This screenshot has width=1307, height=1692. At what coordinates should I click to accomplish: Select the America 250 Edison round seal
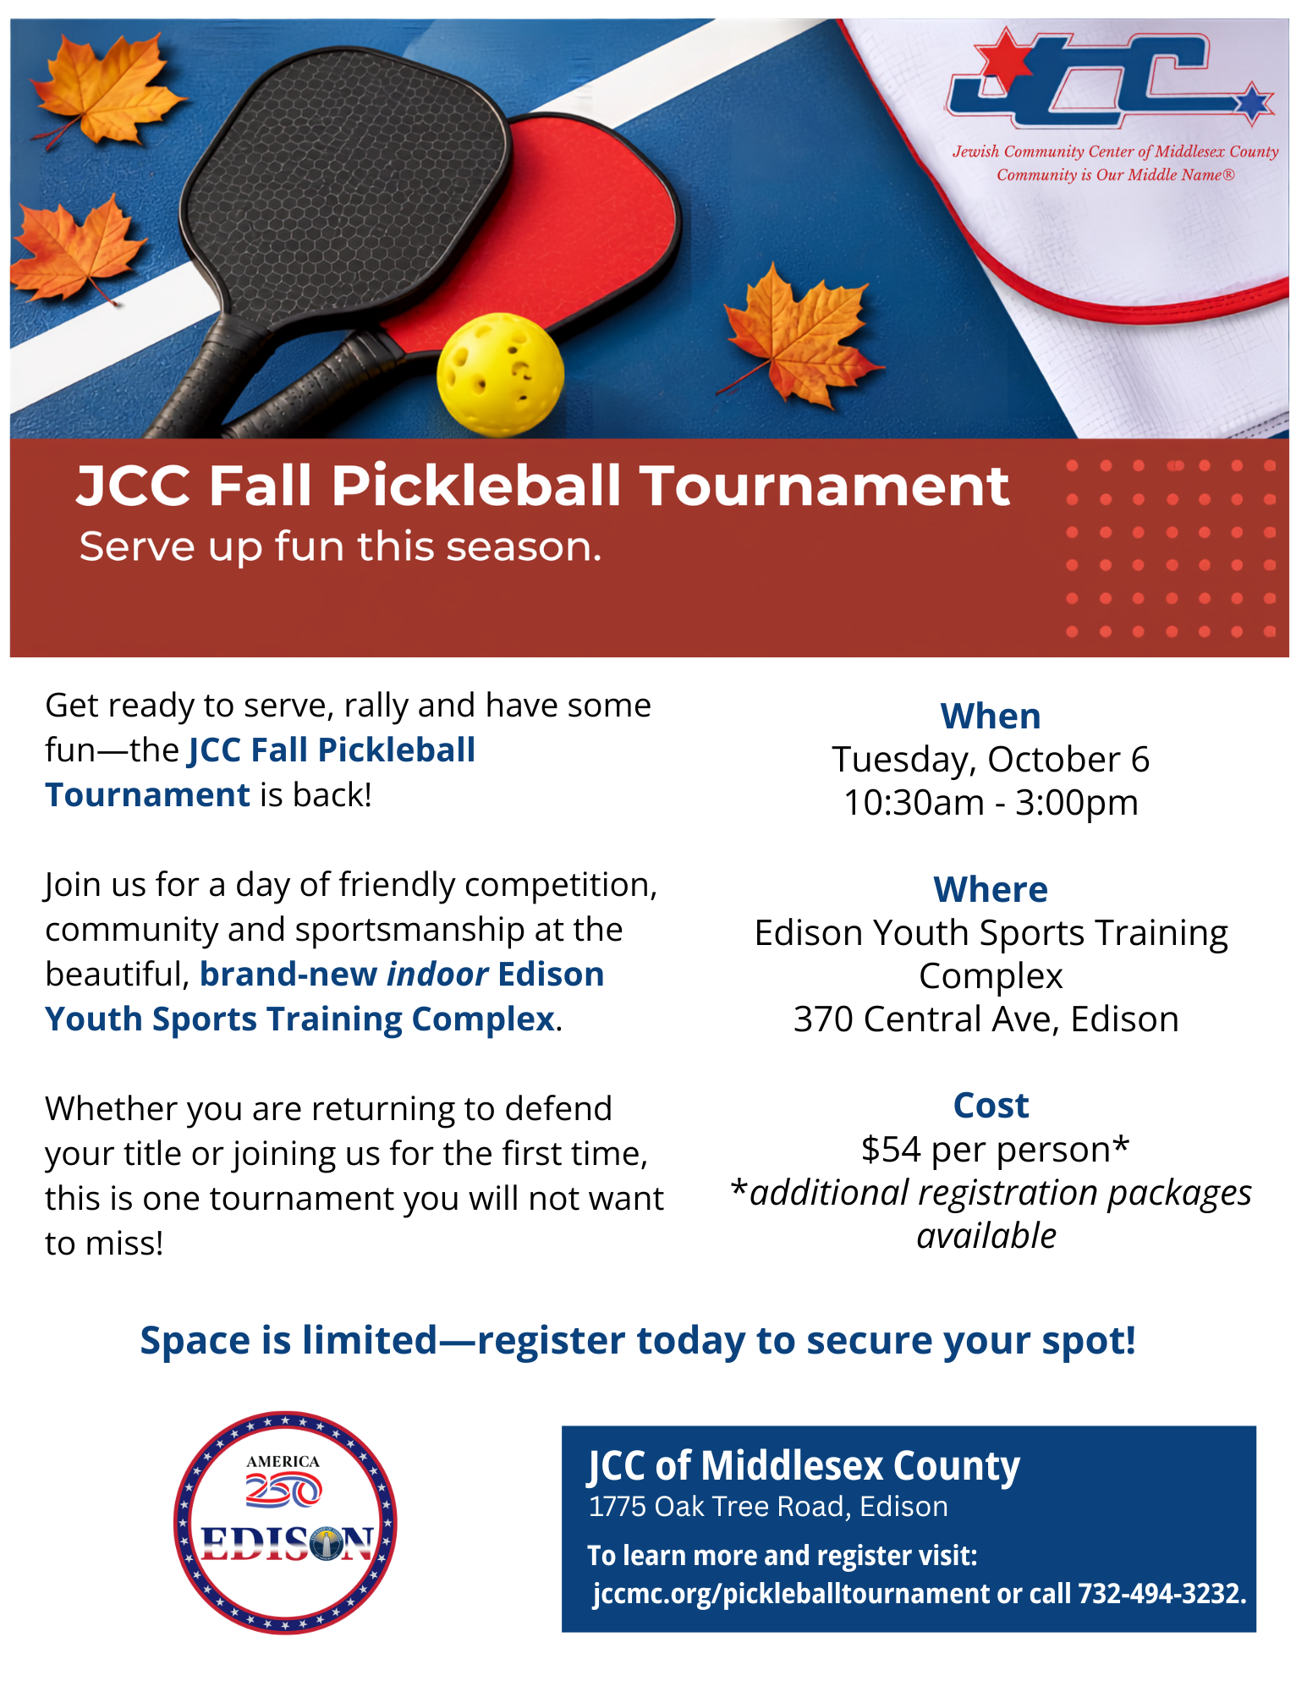tap(285, 1522)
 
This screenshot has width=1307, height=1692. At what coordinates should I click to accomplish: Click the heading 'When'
tap(991, 717)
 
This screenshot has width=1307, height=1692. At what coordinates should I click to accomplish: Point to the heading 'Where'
tap(991, 889)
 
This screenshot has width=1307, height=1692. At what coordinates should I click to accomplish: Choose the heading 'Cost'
tap(991, 1105)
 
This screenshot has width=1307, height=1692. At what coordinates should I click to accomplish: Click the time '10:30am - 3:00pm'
tap(991, 802)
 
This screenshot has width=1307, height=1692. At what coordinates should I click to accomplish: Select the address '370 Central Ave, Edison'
tap(986, 1019)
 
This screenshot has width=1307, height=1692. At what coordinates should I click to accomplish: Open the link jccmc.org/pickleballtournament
tap(791, 1594)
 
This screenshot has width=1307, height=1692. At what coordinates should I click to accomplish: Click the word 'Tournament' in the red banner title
tap(824, 486)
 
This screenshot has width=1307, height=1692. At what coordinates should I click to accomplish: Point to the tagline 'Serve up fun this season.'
tap(340, 547)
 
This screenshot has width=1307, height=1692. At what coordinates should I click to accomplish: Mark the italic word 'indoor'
tap(437, 974)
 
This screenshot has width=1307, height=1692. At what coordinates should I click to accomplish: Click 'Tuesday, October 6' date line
tap(991, 759)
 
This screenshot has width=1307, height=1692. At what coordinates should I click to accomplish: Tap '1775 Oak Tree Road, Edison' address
tap(768, 1507)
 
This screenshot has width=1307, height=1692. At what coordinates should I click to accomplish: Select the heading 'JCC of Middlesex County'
tap(804, 1465)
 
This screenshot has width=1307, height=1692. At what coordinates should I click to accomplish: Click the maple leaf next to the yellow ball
tap(800, 336)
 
